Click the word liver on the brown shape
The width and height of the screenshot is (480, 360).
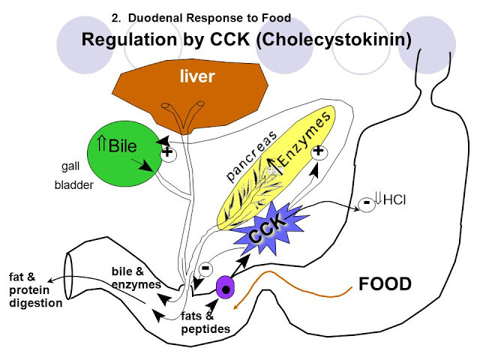(x=197, y=76)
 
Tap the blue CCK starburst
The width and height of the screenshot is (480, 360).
(x=269, y=228)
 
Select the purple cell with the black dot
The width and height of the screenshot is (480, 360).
(x=225, y=287)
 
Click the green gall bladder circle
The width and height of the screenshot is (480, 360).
(x=124, y=153)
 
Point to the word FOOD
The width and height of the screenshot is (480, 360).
(x=385, y=283)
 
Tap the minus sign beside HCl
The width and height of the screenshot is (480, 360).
(x=367, y=203)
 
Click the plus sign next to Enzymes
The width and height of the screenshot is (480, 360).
(x=318, y=151)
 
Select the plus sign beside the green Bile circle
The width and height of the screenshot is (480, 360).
(x=167, y=151)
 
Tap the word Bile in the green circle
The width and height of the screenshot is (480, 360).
(x=122, y=145)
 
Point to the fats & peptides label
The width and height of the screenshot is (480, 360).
(x=205, y=322)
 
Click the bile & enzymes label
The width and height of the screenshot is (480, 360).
(x=136, y=277)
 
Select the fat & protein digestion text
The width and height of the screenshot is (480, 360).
(x=36, y=290)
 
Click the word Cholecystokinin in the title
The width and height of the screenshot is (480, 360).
(x=334, y=40)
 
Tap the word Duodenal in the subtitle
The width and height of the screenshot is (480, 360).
(x=155, y=18)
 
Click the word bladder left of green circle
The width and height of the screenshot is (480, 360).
(x=73, y=185)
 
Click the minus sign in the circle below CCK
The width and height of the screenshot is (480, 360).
(x=205, y=268)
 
